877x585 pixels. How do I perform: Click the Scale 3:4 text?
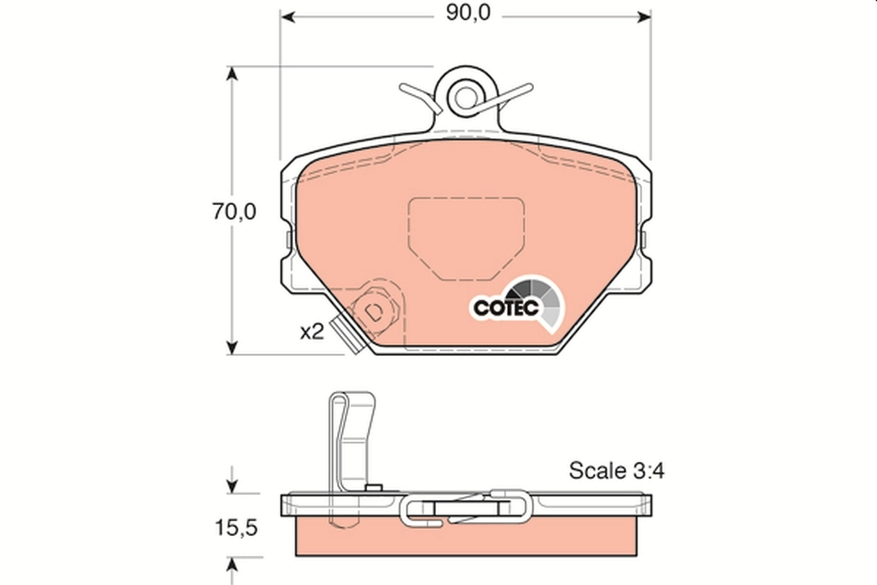[x=616, y=470]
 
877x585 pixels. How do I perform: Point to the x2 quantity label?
[x=311, y=331]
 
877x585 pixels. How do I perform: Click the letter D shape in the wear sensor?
[x=373, y=314]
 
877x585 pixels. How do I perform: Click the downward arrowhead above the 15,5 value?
[x=232, y=484]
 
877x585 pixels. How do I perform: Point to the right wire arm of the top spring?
[x=506, y=97]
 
